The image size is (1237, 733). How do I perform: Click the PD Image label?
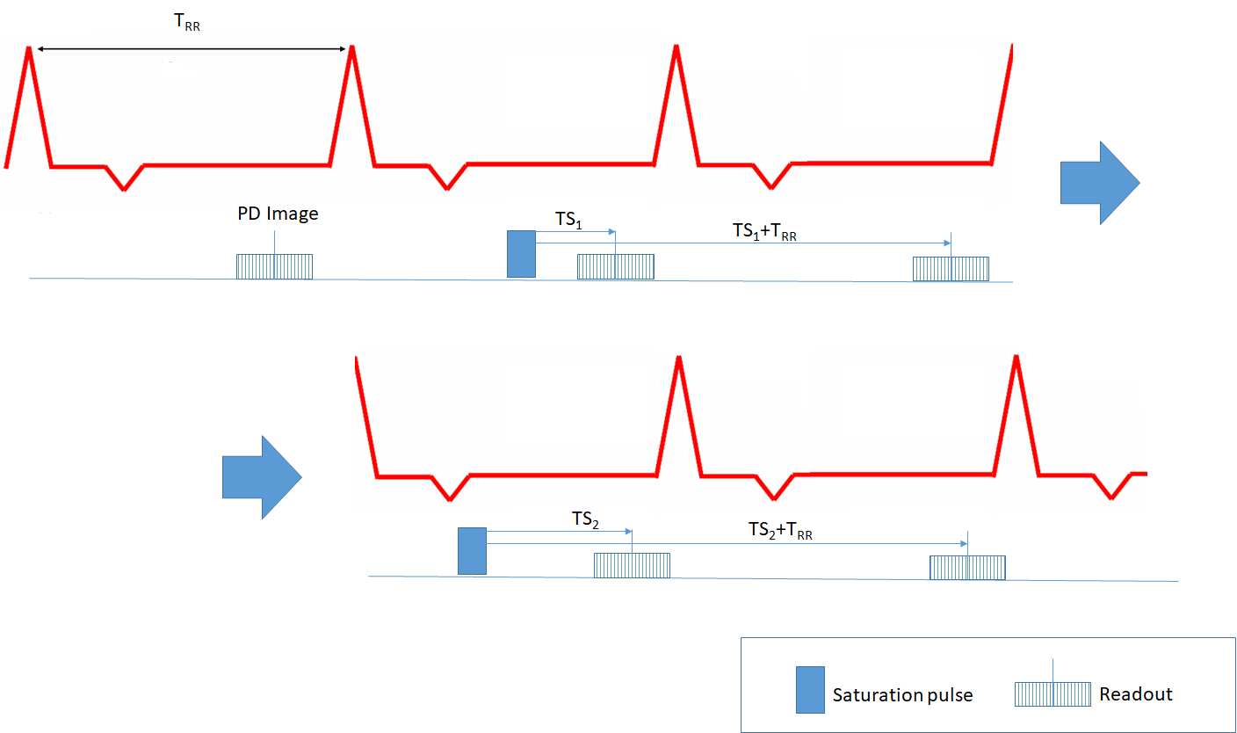(x=278, y=214)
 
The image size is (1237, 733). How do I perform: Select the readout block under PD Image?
(x=274, y=266)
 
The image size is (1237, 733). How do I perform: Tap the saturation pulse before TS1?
(x=521, y=253)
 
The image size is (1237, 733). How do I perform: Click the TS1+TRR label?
(x=764, y=231)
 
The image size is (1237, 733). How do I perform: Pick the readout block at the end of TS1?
(x=615, y=266)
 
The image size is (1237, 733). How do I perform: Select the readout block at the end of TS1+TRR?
(x=951, y=269)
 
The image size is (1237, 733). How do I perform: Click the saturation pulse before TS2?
(x=472, y=551)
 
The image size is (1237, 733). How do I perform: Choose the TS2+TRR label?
(x=779, y=530)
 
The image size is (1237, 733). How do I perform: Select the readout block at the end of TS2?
(x=632, y=565)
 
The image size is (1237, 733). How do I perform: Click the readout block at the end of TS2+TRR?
(x=967, y=568)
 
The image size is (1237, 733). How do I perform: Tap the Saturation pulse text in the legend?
(x=902, y=695)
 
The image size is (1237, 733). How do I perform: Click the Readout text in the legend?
(x=1135, y=694)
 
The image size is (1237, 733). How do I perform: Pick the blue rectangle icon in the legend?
(x=810, y=689)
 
